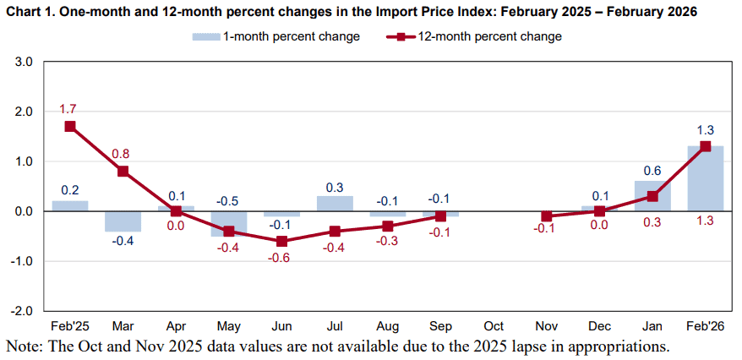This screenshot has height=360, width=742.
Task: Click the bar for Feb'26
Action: (705, 178)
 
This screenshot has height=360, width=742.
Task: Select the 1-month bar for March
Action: (123, 221)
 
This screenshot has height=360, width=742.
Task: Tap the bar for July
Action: (335, 204)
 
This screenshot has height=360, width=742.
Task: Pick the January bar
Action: (652, 196)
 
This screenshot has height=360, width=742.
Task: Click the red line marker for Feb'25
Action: (70, 126)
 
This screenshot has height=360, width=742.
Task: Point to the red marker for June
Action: (281, 241)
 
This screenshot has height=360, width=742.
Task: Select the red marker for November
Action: (547, 216)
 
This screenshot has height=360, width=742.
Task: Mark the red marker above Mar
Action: (123, 171)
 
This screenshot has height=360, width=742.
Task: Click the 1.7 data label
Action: (68, 109)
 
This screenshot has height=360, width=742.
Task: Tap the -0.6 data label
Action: (281, 258)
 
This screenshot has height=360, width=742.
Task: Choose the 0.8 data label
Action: (122, 154)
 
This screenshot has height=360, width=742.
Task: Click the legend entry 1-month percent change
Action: (280, 36)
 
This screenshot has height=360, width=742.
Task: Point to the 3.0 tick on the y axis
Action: (24, 63)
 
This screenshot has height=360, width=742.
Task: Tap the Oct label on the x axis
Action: (494, 326)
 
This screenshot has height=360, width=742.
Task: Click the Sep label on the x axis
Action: (440, 326)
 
